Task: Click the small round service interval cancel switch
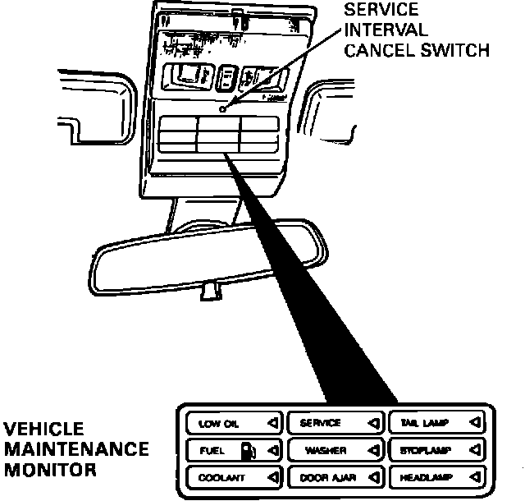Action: click(223, 108)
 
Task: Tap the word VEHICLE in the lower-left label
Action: click(44, 430)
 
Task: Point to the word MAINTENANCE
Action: click(75, 450)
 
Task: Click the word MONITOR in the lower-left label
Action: click(49, 471)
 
